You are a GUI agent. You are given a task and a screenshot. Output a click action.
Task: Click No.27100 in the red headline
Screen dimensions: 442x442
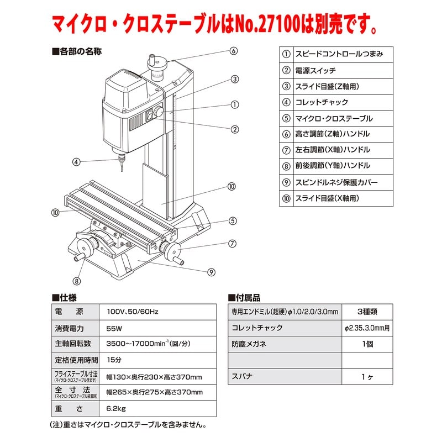click(267, 24)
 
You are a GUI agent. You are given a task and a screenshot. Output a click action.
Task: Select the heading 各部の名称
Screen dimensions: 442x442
click(77, 51)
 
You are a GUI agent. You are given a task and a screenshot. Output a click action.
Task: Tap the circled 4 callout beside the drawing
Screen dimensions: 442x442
click(76, 162)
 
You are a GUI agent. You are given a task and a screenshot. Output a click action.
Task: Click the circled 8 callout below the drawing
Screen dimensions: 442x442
click(76, 281)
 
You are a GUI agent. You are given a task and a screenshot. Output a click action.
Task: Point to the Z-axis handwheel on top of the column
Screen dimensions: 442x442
click(157, 64)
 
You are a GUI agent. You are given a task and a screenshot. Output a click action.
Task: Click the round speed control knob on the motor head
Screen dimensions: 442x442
click(158, 112)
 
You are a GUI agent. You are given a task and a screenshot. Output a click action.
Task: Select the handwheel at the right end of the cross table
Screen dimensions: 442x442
click(171, 250)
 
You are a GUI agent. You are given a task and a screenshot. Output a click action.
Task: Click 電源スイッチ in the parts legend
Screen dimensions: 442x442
click(315, 71)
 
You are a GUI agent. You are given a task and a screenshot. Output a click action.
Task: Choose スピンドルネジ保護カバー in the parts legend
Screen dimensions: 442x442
click(336, 182)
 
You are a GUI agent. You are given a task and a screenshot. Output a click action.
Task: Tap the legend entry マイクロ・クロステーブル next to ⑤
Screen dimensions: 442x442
click(334, 118)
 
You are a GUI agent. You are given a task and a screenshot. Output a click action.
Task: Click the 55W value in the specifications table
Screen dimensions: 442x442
click(114, 328)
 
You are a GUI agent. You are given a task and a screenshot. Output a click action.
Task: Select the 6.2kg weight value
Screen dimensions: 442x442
click(116, 408)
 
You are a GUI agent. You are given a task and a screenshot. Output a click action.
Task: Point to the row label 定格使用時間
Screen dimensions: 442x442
click(76, 360)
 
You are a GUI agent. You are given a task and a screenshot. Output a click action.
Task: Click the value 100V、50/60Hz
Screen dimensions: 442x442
click(133, 312)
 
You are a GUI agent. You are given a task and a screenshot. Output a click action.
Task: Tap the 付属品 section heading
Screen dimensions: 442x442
click(244, 298)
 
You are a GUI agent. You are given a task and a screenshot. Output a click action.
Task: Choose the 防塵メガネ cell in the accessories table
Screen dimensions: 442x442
click(249, 344)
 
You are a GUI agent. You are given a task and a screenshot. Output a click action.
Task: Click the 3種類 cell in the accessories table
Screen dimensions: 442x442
click(367, 312)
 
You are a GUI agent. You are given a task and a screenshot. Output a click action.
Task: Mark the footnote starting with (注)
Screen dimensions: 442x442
click(128, 424)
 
